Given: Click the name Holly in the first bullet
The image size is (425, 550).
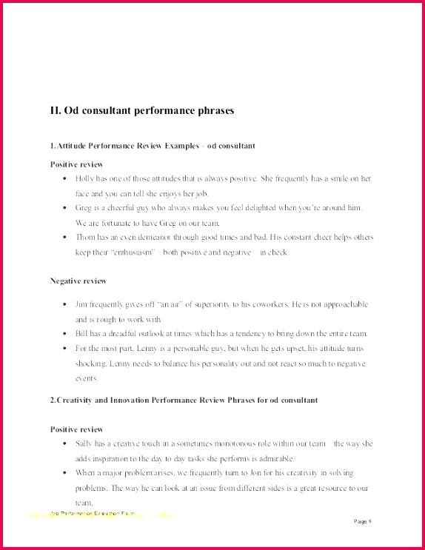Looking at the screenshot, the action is pyautogui.click(x=84, y=179).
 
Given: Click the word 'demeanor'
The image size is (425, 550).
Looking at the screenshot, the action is pyautogui.click(x=153, y=238).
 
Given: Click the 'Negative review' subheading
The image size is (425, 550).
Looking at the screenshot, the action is pyautogui.click(x=78, y=281).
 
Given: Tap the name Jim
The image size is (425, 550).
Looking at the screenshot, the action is pyautogui.click(x=81, y=304).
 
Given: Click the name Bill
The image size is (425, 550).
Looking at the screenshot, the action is pyautogui.click(x=81, y=333).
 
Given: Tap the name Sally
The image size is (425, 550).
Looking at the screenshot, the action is pyautogui.click(x=84, y=443).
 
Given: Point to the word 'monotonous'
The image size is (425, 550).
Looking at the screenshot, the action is pyautogui.click(x=218, y=443).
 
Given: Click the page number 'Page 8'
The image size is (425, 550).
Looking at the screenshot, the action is pyautogui.click(x=363, y=521).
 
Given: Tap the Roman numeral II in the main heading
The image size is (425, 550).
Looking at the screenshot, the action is pyautogui.click(x=56, y=110).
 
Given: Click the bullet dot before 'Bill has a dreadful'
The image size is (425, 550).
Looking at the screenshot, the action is pyautogui.click(x=66, y=334).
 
